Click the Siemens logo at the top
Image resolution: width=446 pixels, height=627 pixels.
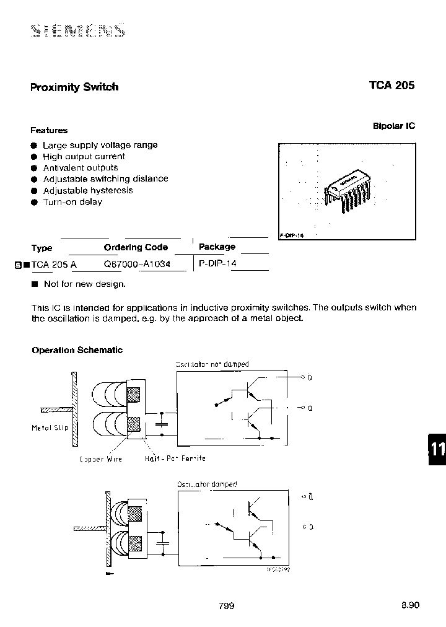click(x=77, y=30)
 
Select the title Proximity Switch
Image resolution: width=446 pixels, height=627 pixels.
click(x=74, y=87)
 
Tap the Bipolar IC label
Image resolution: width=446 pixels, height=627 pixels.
click(x=393, y=126)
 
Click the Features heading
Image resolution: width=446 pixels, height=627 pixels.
click(x=49, y=131)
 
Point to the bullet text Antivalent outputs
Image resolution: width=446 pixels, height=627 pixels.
click(x=80, y=168)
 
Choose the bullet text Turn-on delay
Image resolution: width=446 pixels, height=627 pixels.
click(x=72, y=202)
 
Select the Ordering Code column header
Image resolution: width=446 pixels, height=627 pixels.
click(x=136, y=247)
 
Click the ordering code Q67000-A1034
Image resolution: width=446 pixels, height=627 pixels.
click(x=136, y=263)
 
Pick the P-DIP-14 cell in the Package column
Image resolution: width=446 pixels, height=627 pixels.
click(x=217, y=263)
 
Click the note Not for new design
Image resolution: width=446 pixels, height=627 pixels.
click(x=84, y=284)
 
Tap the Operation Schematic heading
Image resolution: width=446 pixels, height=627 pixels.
click(x=77, y=350)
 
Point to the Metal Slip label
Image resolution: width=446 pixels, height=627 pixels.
click(x=50, y=428)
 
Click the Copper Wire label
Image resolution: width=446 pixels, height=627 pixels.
click(x=101, y=458)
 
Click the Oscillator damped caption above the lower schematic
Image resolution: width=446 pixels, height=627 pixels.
click(x=207, y=484)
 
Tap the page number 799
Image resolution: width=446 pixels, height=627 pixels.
click(x=226, y=606)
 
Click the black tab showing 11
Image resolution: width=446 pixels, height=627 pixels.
click(x=437, y=449)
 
